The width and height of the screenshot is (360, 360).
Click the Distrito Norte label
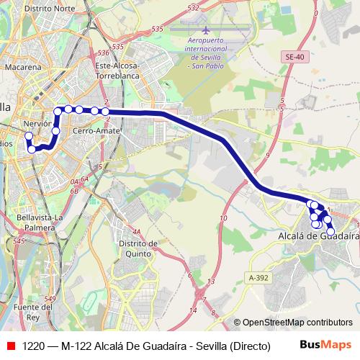pyautogui.click(x=50, y=9)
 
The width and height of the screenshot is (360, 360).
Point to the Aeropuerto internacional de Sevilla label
pyautogui.click(x=207, y=52)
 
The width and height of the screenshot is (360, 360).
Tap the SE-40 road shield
pyautogui.click(x=294, y=55)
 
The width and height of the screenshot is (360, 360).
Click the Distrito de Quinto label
pyautogui.click(x=133, y=248)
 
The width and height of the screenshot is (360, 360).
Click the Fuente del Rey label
pyautogui.click(x=34, y=312)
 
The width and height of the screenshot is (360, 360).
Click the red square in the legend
pyautogui.click(x=10, y=346)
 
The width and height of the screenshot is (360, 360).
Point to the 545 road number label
pyautogui.click(x=19, y=240)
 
